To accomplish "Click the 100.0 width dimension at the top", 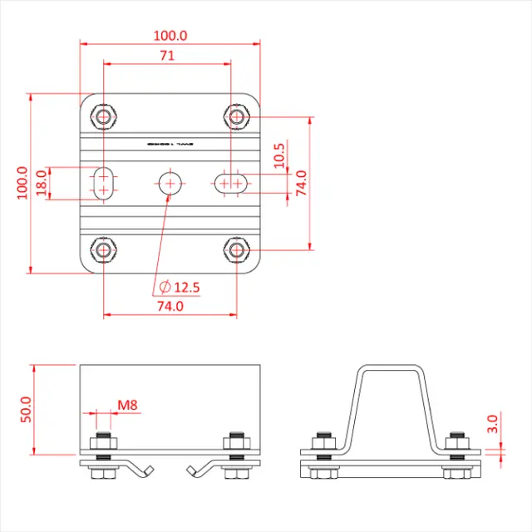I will point(170,36).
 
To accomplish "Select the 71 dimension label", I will point(167,56).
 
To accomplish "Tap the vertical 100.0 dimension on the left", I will point(22,182).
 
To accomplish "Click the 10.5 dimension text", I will point(279,155).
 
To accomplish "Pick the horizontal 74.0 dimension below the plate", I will point(169,306).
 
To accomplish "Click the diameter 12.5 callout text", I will point(180,287).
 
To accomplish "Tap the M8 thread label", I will point(127,406).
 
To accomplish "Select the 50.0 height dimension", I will point(25,410).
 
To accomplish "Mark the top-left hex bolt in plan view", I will point(103,116).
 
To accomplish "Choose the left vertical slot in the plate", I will point(103,182).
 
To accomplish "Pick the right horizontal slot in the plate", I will point(230,182).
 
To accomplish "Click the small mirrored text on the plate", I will point(169,143).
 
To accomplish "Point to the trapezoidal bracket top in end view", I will point(391,367).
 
